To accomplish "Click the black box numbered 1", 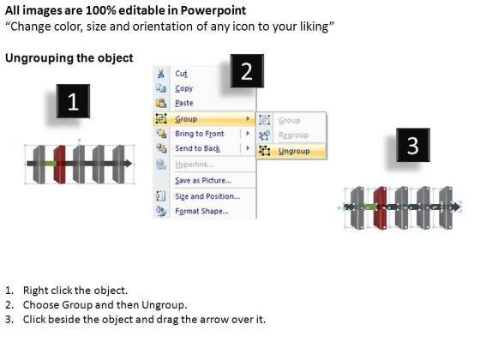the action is [x=73, y=101].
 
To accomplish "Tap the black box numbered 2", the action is [x=247, y=71].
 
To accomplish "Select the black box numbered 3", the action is [x=413, y=145].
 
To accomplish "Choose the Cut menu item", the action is [x=181, y=74].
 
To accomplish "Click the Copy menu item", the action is [x=183, y=88].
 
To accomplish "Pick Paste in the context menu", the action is [x=184, y=103].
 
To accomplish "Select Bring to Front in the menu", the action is [x=199, y=134].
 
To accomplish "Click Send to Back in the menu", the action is [x=197, y=148].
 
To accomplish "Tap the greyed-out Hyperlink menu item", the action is [x=194, y=165].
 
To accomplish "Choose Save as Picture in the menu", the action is [x=203, y=180].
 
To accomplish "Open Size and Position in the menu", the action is [x=207, y=196].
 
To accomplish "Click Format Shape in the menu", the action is [x=201, y=211].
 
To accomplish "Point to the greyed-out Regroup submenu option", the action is [x=293, y=135].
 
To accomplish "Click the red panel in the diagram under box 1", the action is [x=59, y=165].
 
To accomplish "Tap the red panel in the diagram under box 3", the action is [x=380, y=207].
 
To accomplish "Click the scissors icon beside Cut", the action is [x=161, y=74].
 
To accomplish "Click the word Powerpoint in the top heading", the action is [x=213, y=10].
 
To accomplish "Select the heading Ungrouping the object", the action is [x=69, y=58].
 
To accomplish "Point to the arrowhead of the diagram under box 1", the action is [x=129, y=164].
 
